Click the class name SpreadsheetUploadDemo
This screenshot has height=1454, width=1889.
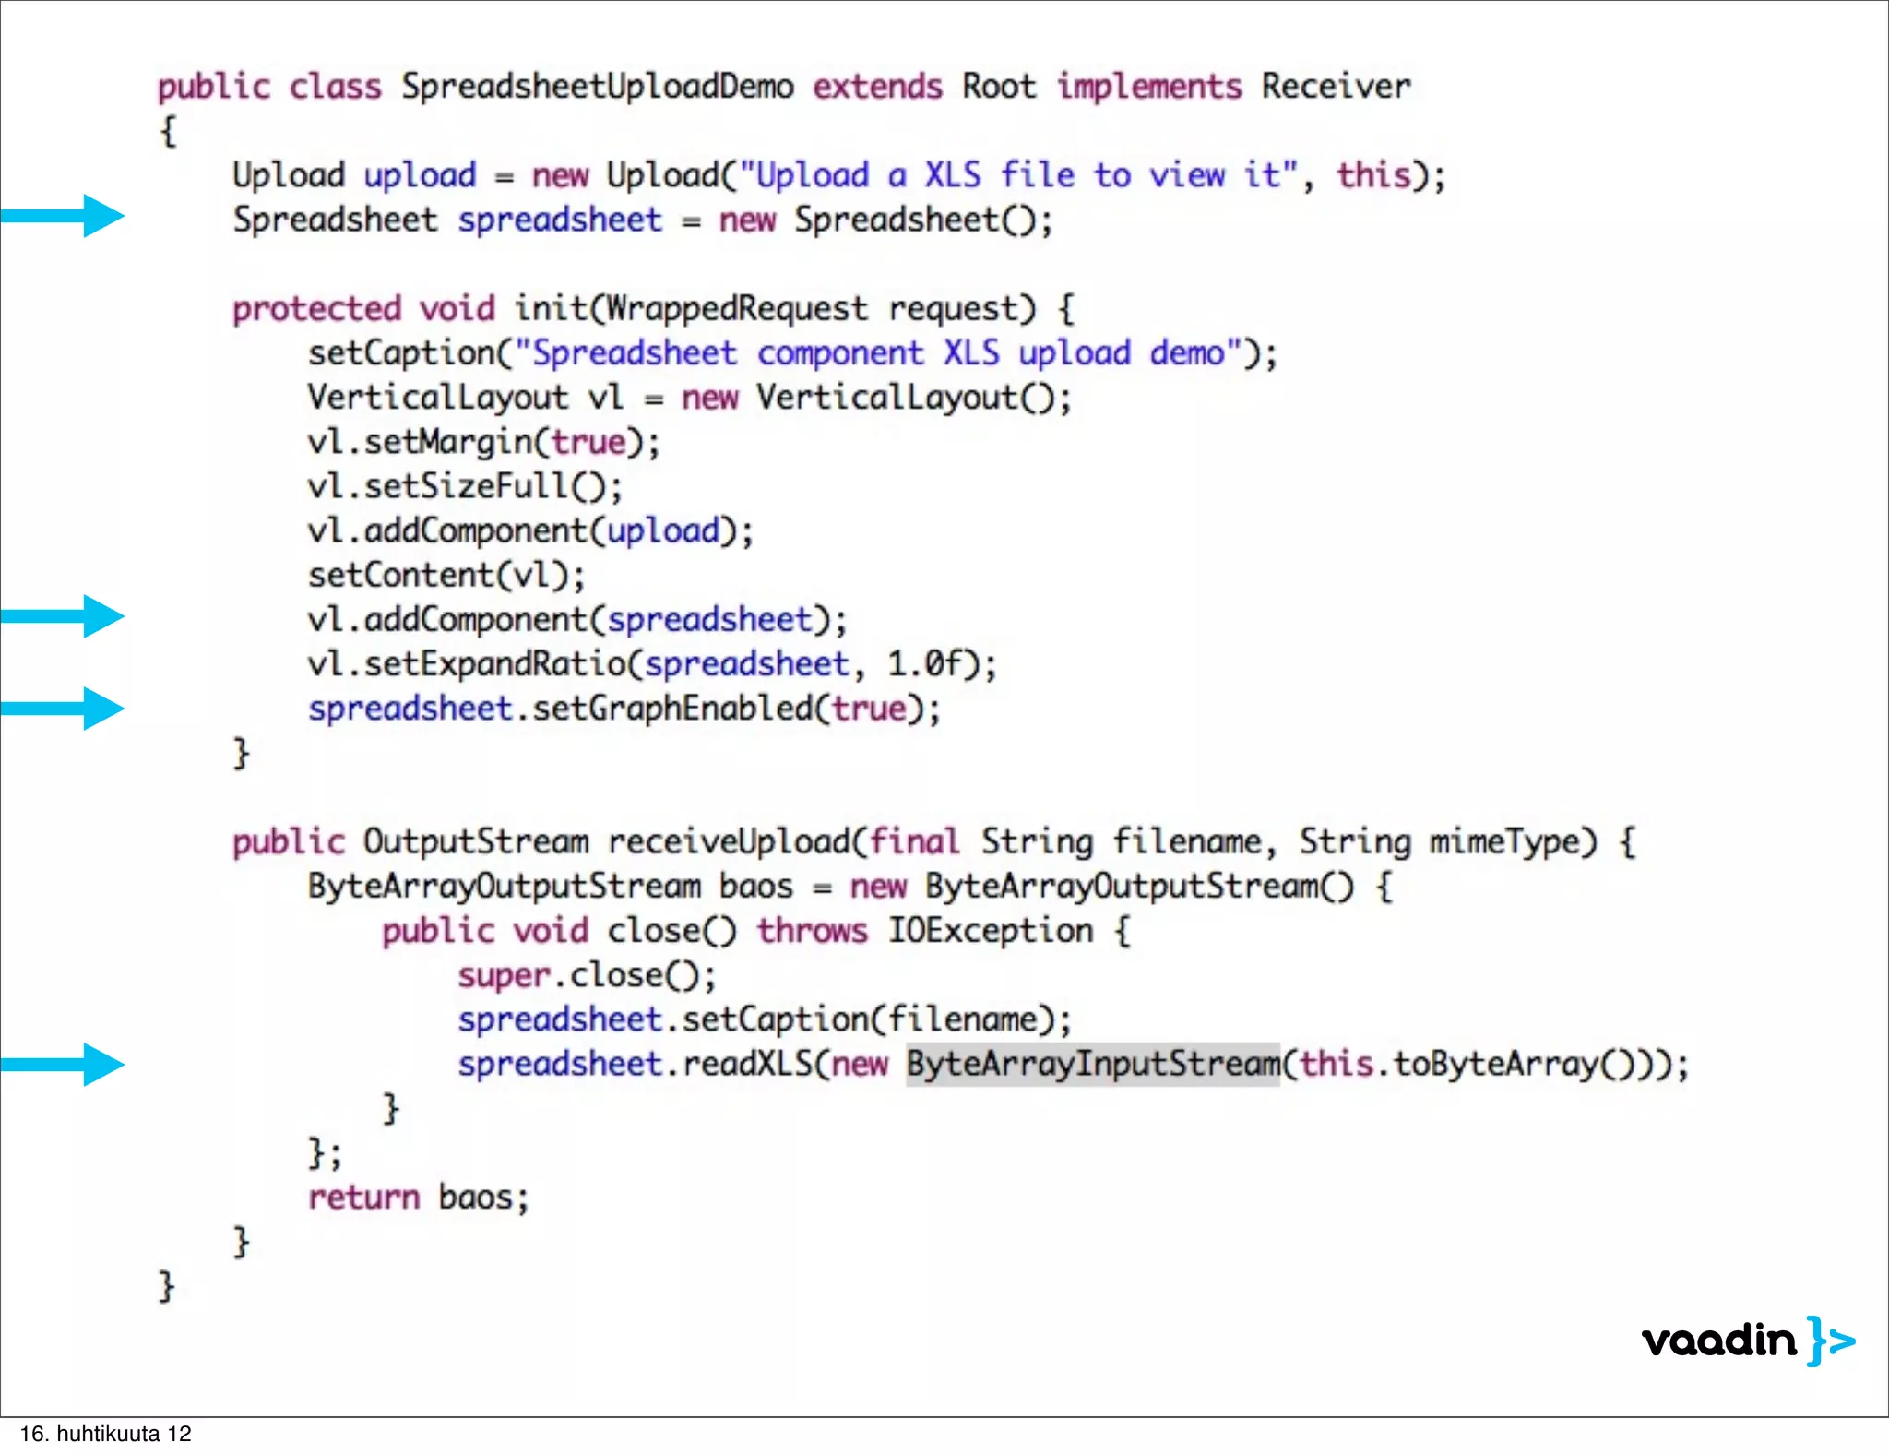pyautogui.click(x=597, y=87)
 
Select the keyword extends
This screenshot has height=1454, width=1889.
pyautogui.click(x=877, y=87)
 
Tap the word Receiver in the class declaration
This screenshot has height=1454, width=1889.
pyautogui.click(x=1336, y=87)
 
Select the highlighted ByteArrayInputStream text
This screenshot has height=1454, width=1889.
pyautogui.click(x=1093, y=1064)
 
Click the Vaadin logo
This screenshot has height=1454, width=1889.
pyautogui.click(x=1748, y=1341)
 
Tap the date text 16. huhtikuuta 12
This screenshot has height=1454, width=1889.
pyautogui.click(x=106, y=1434)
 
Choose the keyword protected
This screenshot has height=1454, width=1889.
pyautogui.click(x=316, y=308)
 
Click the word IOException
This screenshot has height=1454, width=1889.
pyautogui.click(x=991, y=930)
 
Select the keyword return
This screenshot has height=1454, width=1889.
pyautogui.click(x=363, y=1197)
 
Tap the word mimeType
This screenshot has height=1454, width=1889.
pyautogui.click(x=1512, y=841)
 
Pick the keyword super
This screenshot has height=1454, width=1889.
pyautogui.click(x=504, y=975)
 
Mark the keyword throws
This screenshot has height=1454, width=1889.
pyautogui.click(x=812, y=930)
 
